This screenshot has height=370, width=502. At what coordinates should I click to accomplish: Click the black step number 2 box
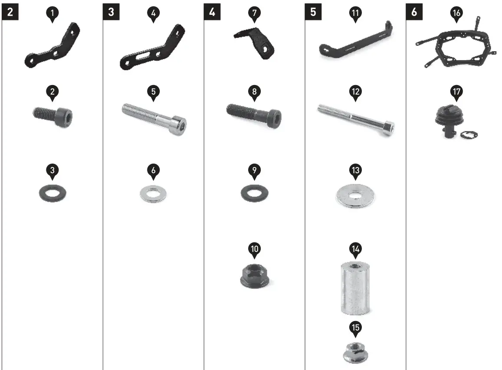click(x=10, y=12)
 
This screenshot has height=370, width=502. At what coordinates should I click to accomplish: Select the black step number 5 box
click(x=313, y=12)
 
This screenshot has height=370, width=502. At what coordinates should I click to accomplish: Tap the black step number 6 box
click(x=414, y=12)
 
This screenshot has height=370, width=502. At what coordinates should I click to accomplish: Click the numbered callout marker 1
click(x=52, y=14)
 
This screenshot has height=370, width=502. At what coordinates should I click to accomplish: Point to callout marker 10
click(x=255, y=250)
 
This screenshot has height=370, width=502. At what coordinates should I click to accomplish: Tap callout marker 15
click(x=355, y=328)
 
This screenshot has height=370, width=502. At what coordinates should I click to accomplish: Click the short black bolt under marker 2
click(x=53, y=116)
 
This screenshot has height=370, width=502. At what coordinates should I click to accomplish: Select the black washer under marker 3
click(x=52, y=193)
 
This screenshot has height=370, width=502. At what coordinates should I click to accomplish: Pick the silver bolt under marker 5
click(x=154, y=119)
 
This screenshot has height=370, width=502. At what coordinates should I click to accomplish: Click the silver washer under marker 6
click(x=153, y=193)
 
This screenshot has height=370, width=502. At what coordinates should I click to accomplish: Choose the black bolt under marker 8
click(x=254, y=115)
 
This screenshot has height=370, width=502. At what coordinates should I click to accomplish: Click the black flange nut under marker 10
click(x=255, y=276)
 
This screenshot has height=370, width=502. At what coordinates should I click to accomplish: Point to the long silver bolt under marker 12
click(x=356, y=120)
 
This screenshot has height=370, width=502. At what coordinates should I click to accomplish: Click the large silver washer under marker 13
click(x=355, y=196)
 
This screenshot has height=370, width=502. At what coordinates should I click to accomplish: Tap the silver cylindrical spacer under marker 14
click(x=355, y=288)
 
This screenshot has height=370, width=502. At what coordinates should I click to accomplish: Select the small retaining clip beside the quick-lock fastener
click(x=469, y=135)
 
